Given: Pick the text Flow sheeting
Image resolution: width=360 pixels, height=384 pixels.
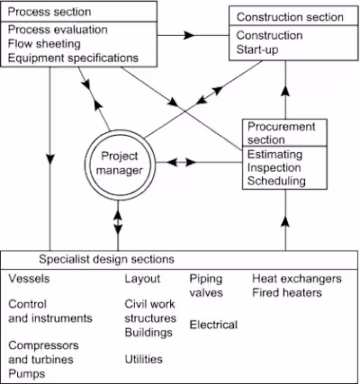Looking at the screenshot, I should [x=43, y=43].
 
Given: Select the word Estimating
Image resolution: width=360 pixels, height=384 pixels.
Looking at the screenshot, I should [x=275, y=153].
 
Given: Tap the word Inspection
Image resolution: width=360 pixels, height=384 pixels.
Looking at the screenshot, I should [x=275, y=166].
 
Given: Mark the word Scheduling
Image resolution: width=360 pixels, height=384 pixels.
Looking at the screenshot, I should [x=277, y=181].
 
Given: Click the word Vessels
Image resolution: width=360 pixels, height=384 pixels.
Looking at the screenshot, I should [x=29, y=279].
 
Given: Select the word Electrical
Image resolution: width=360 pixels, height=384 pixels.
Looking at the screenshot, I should [x=213, y=324].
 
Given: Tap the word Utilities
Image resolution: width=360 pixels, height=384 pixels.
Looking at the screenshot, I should [x=143, y=358].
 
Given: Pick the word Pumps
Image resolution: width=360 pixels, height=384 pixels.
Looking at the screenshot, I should [x=27, y=372].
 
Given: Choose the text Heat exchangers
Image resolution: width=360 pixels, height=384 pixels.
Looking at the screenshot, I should [x=297, y=279].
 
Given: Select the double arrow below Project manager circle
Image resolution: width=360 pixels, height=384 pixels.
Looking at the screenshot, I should [x=118, y=218].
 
